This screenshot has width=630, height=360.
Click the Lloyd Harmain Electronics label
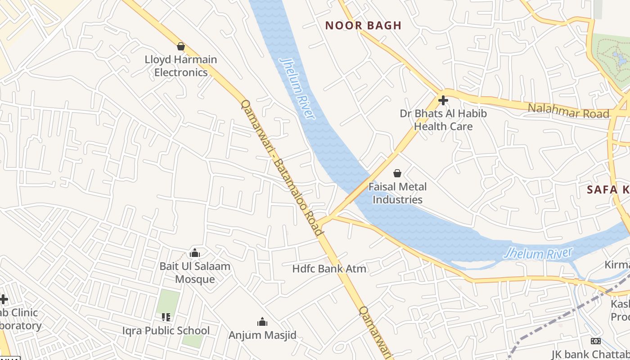[181, 66]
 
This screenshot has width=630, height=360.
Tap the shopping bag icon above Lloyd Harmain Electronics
[181, 46]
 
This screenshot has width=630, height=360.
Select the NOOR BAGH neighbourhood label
[363, 26]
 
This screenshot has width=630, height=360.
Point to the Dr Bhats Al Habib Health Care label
[443, 120]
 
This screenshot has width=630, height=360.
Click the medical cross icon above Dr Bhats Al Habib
[443, 100]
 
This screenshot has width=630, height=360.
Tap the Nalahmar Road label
[568, 111]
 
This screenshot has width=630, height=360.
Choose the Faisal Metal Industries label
[398, 193]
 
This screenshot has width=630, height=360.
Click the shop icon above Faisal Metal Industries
[397, 173]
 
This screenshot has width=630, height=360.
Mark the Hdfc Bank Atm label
[329, 269]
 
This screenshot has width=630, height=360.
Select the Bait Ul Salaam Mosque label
[195, 272]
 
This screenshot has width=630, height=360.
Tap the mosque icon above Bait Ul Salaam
[195, 253]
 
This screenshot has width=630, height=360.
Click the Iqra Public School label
[166, 331]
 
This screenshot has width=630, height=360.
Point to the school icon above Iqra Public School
[166, 317]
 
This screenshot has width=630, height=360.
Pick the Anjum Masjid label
[262, 335]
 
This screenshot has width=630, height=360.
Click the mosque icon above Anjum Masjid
[262, 322]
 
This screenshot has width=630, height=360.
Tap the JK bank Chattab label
[590, 354]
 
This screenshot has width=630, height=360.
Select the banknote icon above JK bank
[596, 341]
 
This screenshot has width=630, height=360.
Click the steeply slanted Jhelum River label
[297, 88]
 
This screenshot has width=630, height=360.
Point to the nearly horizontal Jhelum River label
[538, 254]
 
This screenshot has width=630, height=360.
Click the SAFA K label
[608, 189]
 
